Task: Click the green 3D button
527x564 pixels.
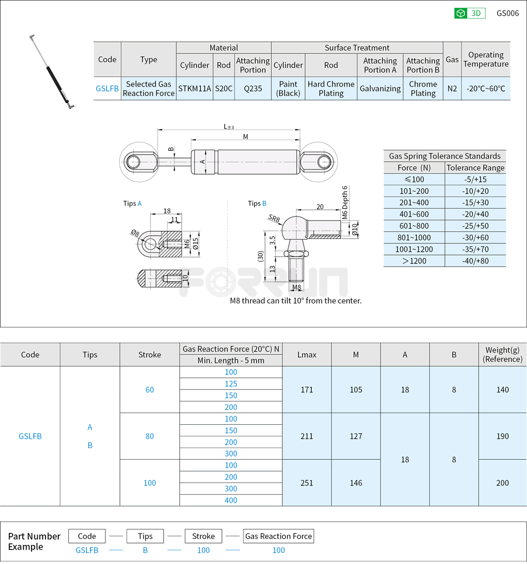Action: pos(470,13)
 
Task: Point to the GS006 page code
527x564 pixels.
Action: pos(507,13)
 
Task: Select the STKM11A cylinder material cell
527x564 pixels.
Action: pos(195,88)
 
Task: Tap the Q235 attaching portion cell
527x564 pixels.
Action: pos(253,88)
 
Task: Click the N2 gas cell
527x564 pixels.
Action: pos(452,88)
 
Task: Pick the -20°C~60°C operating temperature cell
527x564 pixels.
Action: pos(486,88)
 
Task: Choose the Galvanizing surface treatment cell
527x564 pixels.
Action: pos(380,88)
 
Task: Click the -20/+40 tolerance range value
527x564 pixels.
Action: pos(475,214)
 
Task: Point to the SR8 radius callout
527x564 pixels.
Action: pos(275,219)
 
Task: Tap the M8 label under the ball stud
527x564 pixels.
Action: pos(297,287)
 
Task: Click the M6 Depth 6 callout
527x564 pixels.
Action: pos(344,202)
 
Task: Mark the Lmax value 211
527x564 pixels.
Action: pos(307,436)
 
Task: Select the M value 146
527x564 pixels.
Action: pos(356,482)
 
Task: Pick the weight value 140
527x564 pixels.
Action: pos(502,389)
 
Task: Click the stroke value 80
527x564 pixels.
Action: pos(150,436)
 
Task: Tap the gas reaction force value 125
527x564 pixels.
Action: pos(231,384)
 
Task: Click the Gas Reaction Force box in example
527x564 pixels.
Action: pos(278,536)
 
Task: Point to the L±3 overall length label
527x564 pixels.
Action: pos(229,126)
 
